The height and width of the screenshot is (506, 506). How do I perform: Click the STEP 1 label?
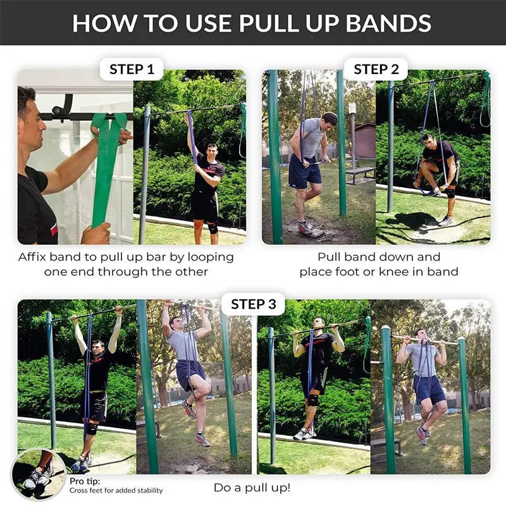132,69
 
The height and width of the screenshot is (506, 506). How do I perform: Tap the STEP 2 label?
376,69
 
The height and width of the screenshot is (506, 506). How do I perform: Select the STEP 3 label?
253,304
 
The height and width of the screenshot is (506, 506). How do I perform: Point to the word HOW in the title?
101,23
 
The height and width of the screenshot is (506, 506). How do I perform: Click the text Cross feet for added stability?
116,490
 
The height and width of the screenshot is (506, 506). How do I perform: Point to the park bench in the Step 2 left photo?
359,171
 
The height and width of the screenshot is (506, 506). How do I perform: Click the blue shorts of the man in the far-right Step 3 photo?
430,388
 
